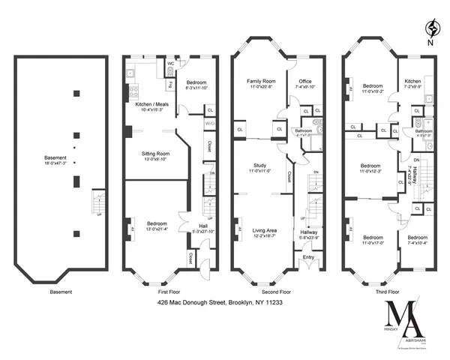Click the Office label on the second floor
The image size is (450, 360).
pos(304,81)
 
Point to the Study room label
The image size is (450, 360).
pos(259,166)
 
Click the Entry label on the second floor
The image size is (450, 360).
pos(308,256)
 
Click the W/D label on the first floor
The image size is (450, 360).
pos(209,124)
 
